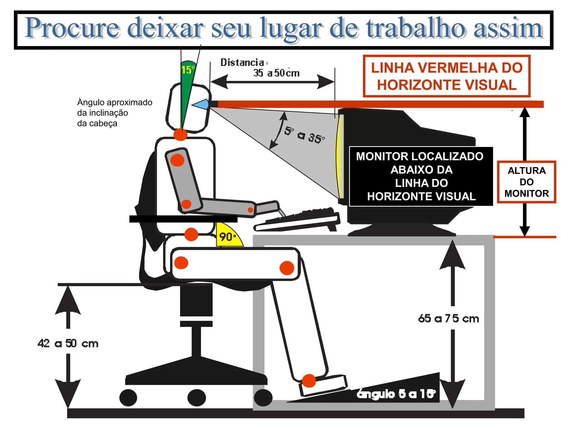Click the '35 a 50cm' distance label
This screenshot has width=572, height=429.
pos(276,73)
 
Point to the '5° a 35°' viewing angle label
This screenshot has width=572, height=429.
pos(304,135)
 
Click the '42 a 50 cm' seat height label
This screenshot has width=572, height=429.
pos(68,343)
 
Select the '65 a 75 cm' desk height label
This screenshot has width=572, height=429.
pos(448,318)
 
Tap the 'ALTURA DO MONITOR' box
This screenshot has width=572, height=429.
pos(526,182)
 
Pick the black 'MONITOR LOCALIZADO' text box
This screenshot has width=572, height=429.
pos(421,176)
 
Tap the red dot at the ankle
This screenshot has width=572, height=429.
pos(309,381)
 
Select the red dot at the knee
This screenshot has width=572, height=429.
pos(287,268)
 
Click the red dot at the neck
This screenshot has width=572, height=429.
pos(180,135)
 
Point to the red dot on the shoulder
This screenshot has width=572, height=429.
pos(177,160)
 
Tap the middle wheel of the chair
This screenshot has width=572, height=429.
pos(197,397)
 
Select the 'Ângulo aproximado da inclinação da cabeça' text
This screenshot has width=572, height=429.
pos(115,113)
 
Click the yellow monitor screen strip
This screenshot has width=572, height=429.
pos(340,156)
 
